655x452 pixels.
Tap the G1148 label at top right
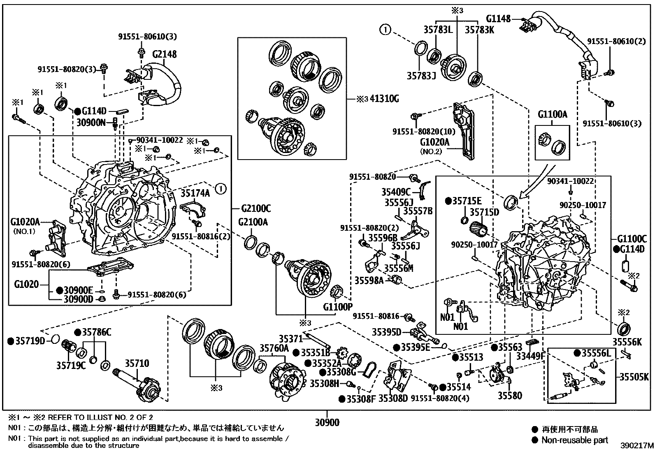(498, 19)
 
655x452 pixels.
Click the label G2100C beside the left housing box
(256, 209)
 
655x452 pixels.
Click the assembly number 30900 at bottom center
(327, 422)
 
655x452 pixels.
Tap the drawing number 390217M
(637, 445)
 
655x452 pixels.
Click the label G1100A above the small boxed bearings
(552, 115)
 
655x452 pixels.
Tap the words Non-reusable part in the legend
(574, 440)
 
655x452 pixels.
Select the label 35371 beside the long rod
(290, 339)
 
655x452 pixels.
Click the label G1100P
(338, 306)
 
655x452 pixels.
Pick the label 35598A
(369, 280)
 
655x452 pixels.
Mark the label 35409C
(396, 192)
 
